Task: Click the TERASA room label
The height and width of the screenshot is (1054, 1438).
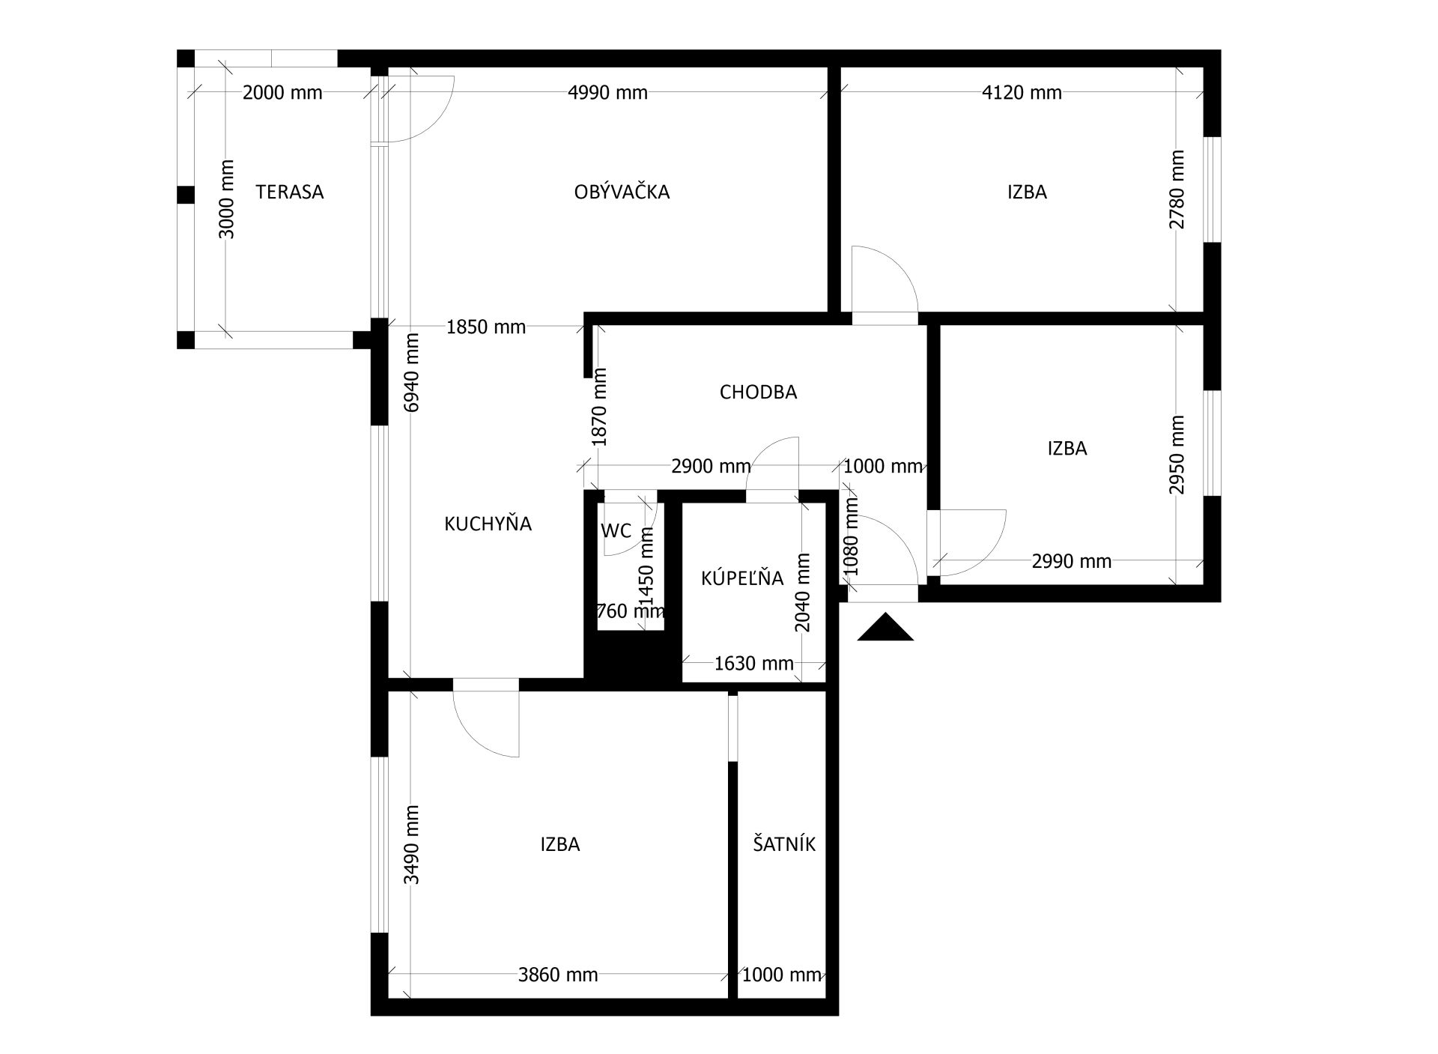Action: coord(290,193)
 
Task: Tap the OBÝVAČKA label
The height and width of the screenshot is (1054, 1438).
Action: coord(622,193)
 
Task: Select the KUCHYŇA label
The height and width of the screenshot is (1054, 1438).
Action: coord(488,524)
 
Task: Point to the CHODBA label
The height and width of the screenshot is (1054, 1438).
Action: coord(758,393)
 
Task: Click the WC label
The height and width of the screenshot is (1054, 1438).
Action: coord(616,531)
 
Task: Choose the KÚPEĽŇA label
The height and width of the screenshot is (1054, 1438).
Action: coord(742,578)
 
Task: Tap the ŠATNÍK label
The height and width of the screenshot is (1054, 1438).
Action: coord(784,844)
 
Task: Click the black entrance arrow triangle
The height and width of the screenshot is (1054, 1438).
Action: coord(885,629)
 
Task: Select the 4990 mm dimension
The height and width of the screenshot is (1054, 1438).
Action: coord(608,93)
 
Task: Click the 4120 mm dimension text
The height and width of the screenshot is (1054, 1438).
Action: coord(1022,93)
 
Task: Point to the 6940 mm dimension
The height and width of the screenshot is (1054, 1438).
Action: coord(411,372)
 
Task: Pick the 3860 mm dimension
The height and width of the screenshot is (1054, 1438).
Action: coord(558,975)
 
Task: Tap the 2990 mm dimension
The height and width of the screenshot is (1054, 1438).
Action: coord(1072,561)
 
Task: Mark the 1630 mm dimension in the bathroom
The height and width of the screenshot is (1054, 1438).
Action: coord(754,664)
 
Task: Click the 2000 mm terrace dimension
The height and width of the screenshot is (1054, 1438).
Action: coord(282,93)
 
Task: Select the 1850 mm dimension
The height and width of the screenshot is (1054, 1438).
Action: coord(486,327)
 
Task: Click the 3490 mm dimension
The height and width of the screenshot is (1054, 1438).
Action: coord(411,845)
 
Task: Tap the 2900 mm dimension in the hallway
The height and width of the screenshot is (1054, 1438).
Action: coord(711,467)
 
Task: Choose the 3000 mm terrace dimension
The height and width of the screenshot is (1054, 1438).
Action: coord(226,199)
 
